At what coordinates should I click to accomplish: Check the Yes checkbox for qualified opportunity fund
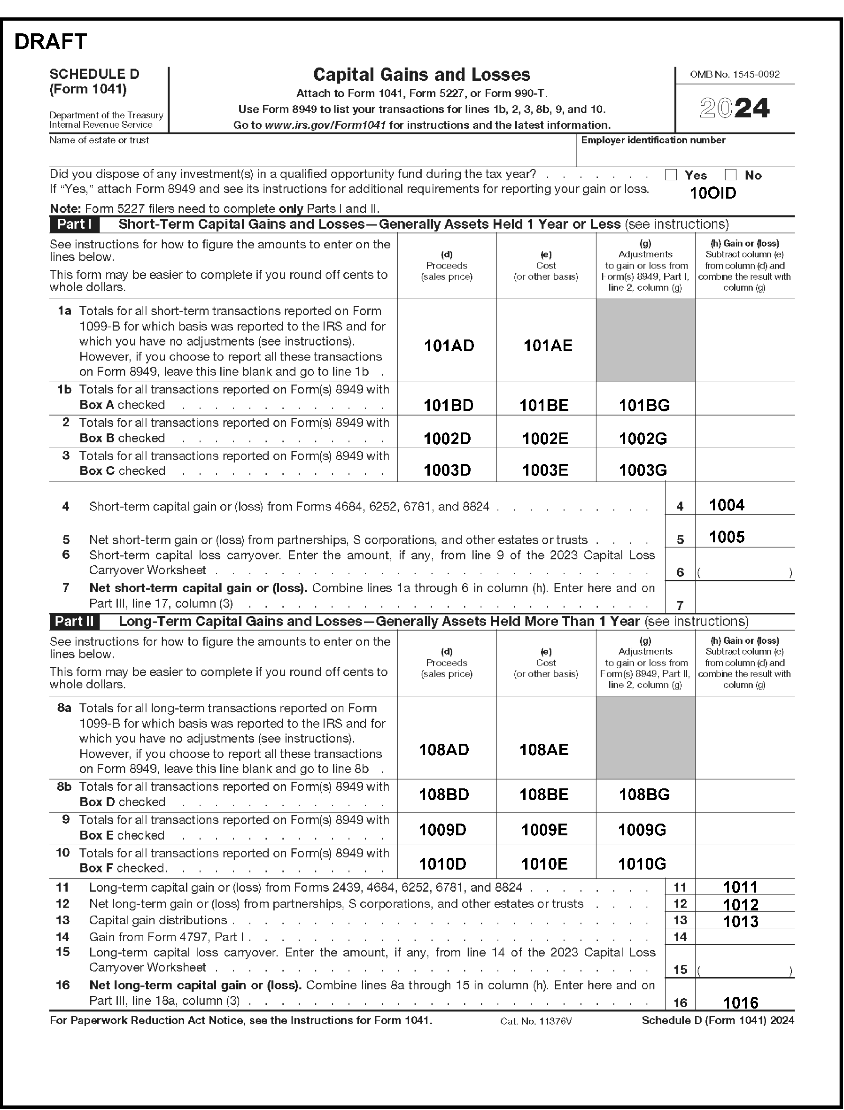point(671,175)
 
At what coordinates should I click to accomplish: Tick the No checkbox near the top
point(730,175)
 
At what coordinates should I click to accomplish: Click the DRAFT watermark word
point(51,42)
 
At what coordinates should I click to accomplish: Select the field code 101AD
point(449,346)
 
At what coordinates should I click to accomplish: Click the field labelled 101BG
point(644,405)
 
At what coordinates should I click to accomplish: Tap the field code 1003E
point(545,470)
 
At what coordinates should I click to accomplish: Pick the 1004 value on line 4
point(727,505)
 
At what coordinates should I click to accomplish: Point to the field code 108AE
point(543,750)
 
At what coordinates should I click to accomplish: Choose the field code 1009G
point(642,830)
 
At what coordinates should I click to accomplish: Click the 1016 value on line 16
point(741,1003)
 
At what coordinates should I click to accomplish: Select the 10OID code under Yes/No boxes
point(713,193)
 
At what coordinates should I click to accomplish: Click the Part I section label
point(74,224)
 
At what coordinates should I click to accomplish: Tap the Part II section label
point(74,621)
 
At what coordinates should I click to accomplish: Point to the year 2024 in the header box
point(735,108)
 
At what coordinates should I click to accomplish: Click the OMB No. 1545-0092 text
point(735,75)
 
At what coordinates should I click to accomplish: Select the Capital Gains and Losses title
point(421,75)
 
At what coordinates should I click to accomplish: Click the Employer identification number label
point(653,140)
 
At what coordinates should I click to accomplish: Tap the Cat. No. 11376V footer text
point(536,1021)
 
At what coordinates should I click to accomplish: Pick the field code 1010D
point(442,864)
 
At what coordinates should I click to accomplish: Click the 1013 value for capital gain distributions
point(741,922)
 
